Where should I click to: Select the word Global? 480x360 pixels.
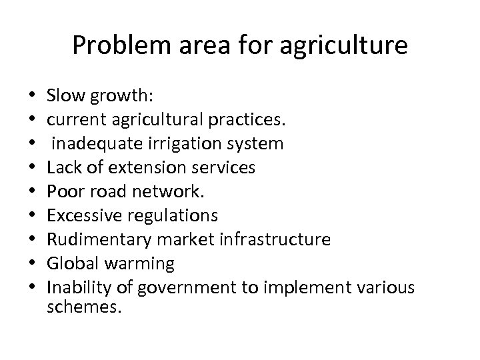pyautogui.click(x=68, y=263)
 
